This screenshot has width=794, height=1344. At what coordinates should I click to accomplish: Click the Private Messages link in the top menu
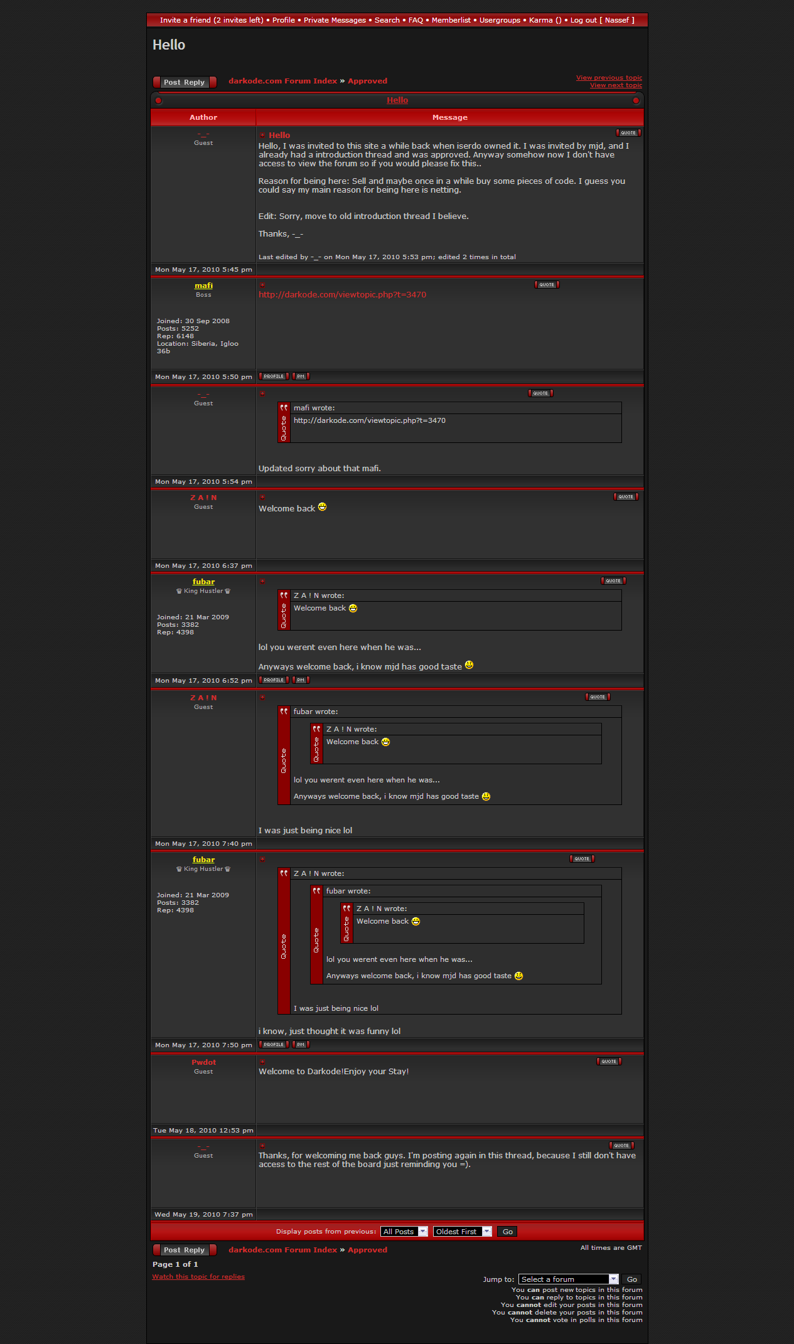pyautogui.click(x=335, y=20)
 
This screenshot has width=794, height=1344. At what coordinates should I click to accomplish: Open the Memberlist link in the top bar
pyautogui.click(x=451, y=20)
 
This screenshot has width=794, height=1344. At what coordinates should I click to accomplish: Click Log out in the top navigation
pyautogui.click(x=583, y=20)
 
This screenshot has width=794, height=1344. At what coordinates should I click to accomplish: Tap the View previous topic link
pyautogui.click(x=609, y=78)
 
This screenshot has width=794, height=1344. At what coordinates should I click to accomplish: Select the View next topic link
pyautogui.click(x=616, y=85)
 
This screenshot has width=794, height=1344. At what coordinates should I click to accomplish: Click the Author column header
pyautogui.click(x=203, y=117)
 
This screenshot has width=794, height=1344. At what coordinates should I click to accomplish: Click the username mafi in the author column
pyautogui.click(x=203, y=285)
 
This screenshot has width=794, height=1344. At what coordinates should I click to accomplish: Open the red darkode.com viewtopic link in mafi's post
pyautogui.click(x=342, y=295)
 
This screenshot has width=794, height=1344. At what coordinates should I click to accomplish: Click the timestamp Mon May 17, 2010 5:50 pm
pyautogui.click(x=203, y=377)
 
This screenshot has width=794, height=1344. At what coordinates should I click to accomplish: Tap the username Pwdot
pyautogui.click(x=203, y=1062)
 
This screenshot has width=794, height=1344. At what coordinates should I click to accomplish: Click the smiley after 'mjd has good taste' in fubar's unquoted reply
pyautogui.click(x=469, y=666)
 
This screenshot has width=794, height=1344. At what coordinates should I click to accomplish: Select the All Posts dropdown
pyautogui.click(x=404, y=1232)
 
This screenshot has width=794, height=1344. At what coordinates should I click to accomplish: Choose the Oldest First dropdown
pyautogui.click(x=462, y=1232)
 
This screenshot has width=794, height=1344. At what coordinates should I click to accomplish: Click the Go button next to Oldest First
pyautogui.click(x=507, y=1232)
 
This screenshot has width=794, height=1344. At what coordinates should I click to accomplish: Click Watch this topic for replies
pyautogui.click(x=198, y=1277)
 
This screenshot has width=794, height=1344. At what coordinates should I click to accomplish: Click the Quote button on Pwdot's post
pyautogui.click(x=609, y=1062)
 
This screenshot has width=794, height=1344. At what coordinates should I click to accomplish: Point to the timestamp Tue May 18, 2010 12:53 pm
pyautogui.click(x=203, y=1131)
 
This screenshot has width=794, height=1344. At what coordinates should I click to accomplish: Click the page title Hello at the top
pyautogui.click(x=169, y=45)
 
